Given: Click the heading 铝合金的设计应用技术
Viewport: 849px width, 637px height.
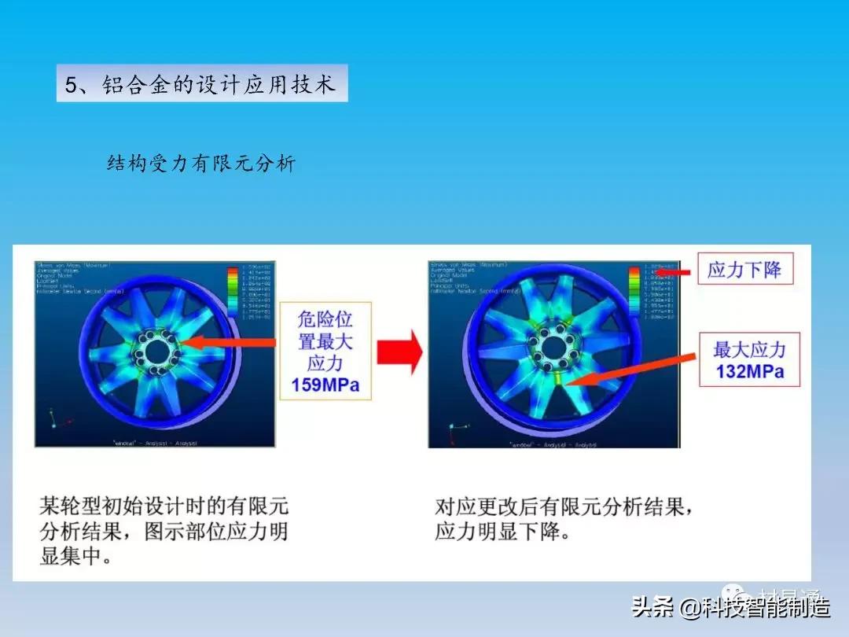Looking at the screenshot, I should pos(201,84).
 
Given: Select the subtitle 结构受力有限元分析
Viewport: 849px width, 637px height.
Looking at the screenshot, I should pos(200,164).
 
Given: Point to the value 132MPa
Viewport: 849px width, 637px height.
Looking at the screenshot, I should pos(749,370).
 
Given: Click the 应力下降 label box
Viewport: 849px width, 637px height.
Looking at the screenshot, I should pos(744,270).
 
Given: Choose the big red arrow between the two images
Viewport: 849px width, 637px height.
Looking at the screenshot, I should pos(400,351).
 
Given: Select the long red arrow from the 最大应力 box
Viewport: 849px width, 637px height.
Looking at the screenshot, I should pos(629,370).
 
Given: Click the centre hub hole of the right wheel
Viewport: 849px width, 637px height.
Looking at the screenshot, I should pos(554,344).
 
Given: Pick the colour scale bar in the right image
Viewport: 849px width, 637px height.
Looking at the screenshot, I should pos(634,293).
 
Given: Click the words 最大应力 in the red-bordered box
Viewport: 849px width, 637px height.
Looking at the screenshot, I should pos(749,349).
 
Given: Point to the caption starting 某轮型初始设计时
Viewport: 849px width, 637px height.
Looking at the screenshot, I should pos(164,530).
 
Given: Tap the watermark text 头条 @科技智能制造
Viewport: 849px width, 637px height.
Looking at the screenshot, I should pos(731,607).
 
